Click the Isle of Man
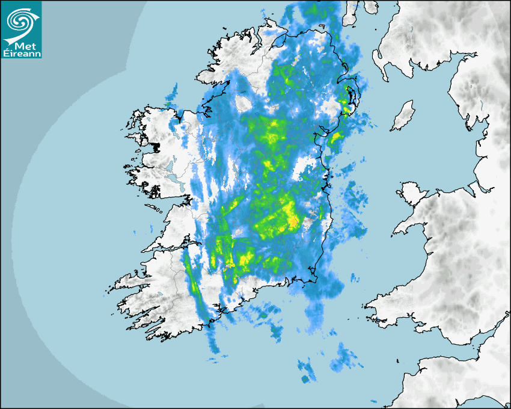tap(403, 116)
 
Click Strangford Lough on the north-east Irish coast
tap(350, 96)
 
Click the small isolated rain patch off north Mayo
tap(173, 92)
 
